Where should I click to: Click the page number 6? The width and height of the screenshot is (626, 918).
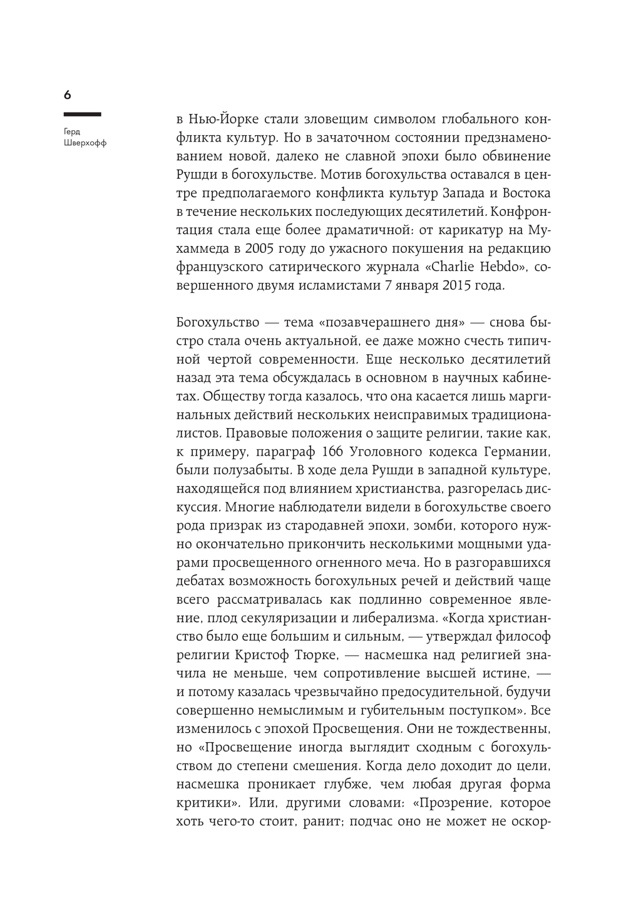(x=68, y=95)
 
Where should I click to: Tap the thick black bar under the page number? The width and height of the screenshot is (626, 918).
(x=82, y=115)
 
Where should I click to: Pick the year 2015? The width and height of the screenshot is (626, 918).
(x=447, y=287)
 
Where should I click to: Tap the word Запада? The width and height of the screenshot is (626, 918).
(x=429, y=193)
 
